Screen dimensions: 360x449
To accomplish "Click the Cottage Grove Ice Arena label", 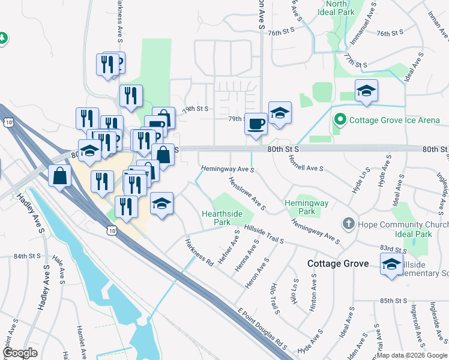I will pyautogui.click(x=395, y=120).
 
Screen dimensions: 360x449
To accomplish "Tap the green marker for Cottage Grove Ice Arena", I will pyautogui.click(x=340, y=120).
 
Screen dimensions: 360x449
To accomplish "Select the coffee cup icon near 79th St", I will pyautogui.click(x=256, y=124).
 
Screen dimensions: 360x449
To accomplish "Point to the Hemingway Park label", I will pyautogui.click(x=307, y=207).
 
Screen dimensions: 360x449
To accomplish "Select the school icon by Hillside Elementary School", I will pyautogui.click(x=391, y=263).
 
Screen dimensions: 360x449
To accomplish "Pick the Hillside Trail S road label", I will pyautogui.click(x=264, y=234).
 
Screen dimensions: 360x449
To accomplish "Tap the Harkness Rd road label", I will pyautogui.click(x=199, y=253).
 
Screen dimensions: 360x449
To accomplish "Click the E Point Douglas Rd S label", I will pyautogui.click(x=263, y=330).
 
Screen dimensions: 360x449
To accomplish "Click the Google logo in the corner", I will pyautogui.click(x=20, y=353).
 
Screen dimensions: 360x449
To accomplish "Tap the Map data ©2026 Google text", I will pyautogui.click(x=412, y=355).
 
